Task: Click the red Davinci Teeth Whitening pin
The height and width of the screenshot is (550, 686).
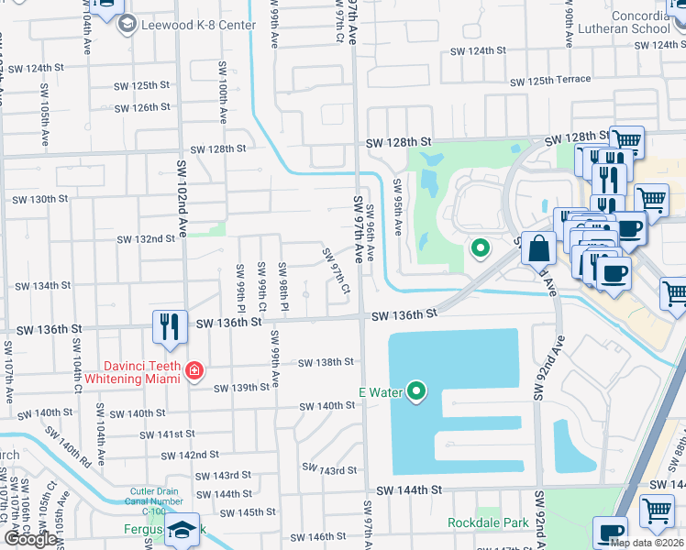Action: tap(194, 371)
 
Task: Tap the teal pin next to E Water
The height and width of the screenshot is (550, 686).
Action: tap(416, 391)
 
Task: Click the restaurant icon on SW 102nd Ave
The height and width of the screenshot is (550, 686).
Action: tap(169, 327)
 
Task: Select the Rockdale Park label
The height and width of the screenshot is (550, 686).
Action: tap(489, 522)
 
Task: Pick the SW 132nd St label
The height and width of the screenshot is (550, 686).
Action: tap(145, 239)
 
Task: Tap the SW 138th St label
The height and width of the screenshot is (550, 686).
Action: tap(326, 362)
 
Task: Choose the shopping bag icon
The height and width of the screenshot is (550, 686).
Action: tap(539, 247)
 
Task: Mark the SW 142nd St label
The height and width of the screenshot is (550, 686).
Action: tap(190, 455)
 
